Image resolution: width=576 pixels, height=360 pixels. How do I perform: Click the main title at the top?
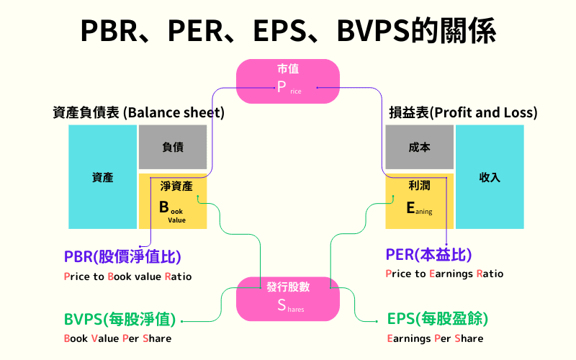coord(288,31)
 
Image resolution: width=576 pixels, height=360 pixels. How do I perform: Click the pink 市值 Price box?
coord(288,80)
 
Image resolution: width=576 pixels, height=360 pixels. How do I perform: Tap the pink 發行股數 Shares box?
coord(288,297)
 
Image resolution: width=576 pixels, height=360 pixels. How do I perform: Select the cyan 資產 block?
coord(102,177)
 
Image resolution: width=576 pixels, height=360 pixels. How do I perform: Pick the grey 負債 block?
coord(173,147)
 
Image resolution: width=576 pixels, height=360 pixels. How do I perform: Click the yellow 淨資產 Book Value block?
coord(173,201)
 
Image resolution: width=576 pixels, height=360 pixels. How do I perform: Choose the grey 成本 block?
coord(419,147)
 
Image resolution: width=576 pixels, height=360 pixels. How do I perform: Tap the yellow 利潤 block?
coord(419,201)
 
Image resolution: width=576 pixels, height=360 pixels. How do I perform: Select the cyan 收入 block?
coord(490,177)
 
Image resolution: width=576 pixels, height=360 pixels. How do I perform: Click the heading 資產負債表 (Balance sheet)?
coord(138,113)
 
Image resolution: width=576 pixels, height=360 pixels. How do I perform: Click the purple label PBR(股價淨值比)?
coord(122,256)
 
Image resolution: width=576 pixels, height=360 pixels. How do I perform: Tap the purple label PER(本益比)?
coord(429,256)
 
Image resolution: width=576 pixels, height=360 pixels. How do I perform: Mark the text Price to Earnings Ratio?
coord(445,274)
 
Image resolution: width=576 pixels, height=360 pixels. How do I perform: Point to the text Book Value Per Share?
coord(118,338)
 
